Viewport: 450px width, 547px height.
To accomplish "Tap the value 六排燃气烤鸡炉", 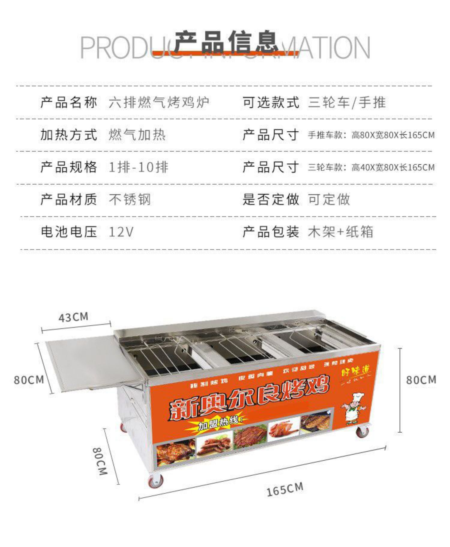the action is click(x=159, y=103).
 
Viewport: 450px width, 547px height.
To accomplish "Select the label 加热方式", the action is click(x=69, y=135).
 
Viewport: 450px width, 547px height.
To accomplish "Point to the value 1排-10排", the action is click(x=138, y=167).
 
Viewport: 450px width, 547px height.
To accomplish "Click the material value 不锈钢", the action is click(x=130, y=199).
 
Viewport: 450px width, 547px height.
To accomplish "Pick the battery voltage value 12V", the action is click(x=121, y=232).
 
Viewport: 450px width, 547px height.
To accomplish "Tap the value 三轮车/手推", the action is click(x=346, y=103).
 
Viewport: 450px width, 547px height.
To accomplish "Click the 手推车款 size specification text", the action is click(x=371, y=135).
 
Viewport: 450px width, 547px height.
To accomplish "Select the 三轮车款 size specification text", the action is click(x=371, y=167).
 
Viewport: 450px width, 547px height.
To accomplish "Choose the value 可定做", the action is click(x=329, y=199).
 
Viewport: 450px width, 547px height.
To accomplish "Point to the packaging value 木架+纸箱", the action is click(x=340, y=232).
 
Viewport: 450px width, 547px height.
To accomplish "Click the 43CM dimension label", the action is click(x=73, y=317).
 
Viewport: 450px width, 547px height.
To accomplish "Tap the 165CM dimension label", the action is click(x=285, y=489).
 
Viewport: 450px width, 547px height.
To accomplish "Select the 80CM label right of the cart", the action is click(x=421, y=380).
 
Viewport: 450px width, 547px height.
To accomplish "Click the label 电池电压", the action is click(x=69, y=232).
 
